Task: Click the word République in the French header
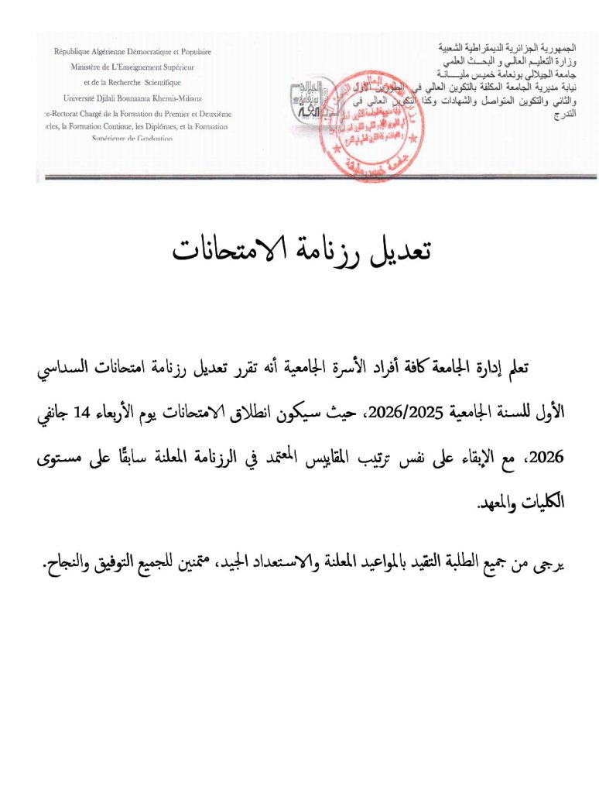pos(80,52)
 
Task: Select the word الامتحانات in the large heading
pos(224,249)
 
